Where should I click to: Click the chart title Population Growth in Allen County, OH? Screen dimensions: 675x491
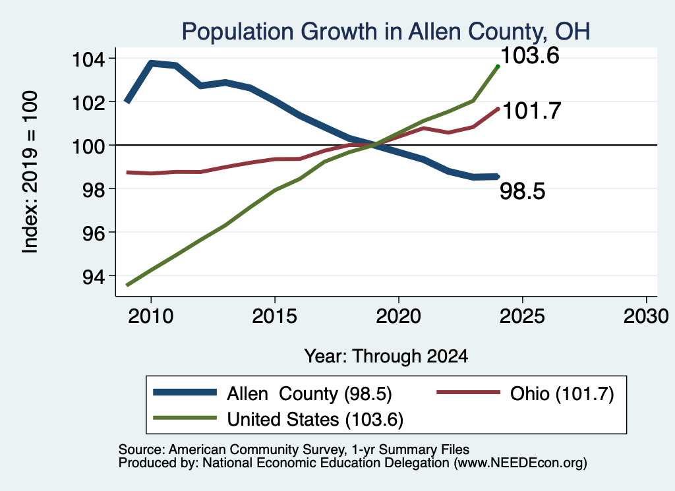click(x=386, y=32)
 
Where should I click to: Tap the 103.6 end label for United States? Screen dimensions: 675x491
click(x=530, y=55)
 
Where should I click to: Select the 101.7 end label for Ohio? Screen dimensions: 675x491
click(x=532, y=111)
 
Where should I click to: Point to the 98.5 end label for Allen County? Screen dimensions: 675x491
click(x=523, y=190)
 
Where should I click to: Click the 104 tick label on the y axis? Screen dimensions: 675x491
click(x=88, y=59)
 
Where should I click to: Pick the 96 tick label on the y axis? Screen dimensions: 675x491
click(x=94, y=233)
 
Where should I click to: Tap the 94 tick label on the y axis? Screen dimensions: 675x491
click(x=94, y=276)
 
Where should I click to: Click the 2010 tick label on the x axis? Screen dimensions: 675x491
click(x=151, y=316)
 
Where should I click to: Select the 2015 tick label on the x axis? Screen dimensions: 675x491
click(x=275, y=316)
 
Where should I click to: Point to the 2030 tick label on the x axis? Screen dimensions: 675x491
click(x=646, y=316)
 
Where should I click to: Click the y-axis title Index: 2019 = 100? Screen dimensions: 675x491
click(x=30, y=172)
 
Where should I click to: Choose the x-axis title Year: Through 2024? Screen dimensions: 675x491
click(x=386, y=357)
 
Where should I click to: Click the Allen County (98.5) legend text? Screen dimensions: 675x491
click(x=310, y=393)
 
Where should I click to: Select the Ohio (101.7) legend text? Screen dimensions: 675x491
click(x=562, y=393)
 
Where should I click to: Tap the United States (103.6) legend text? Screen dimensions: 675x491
click(x=315, y=419)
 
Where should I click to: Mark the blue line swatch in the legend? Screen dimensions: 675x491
click(x=185, y=392)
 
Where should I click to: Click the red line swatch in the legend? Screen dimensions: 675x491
click(x=469, y=392)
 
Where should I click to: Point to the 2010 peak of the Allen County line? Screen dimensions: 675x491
click(x=151, y=63)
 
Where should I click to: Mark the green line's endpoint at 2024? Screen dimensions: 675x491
click(x=498, y=67)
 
